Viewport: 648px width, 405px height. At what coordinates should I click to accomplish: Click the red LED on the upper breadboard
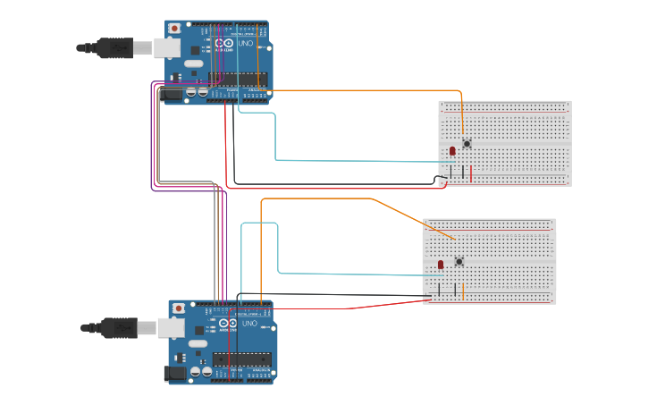[x=452, y=150]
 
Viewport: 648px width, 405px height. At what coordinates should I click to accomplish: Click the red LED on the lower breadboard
[x=441, y=266]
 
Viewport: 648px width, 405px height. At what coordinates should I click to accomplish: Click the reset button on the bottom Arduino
[x=179, y=308]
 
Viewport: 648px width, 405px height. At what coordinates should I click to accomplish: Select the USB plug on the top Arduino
[x=166, y=47]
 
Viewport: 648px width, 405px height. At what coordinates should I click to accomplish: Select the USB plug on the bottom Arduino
[x=171, y=328]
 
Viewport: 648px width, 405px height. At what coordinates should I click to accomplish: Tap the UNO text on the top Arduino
[x=246, y=44]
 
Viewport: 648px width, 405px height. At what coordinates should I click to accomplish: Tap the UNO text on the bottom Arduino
[x=249, y=324]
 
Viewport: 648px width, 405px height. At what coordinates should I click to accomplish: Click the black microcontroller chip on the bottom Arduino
[x=241, y=359]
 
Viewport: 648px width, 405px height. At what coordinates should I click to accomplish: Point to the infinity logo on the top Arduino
[x=223, y=43]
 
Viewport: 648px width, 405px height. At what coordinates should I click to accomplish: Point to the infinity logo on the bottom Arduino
[x=227, y=323]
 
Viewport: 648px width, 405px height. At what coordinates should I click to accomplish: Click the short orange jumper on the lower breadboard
[x=463, y=291]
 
